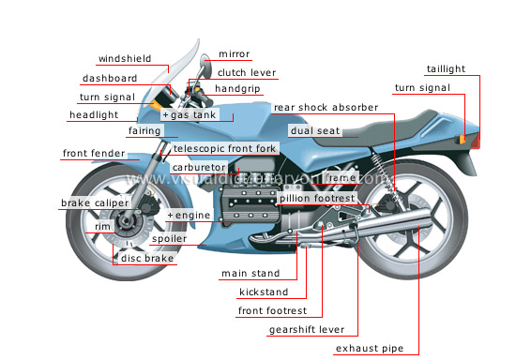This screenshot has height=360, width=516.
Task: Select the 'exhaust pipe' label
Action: pos(370,349)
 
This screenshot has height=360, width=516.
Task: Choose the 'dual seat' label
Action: pos(314,132)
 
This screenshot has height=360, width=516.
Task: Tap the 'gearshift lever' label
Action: pos(306,329)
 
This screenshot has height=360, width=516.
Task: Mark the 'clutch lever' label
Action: pos(246,72)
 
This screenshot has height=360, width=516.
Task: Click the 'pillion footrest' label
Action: pos(316,199)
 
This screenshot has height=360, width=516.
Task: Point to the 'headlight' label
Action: pos(93,115)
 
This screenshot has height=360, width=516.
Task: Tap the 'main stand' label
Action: pos(246,274)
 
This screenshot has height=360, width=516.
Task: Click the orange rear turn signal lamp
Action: pos(462,138)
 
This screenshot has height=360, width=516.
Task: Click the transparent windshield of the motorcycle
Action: pos(183,66)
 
